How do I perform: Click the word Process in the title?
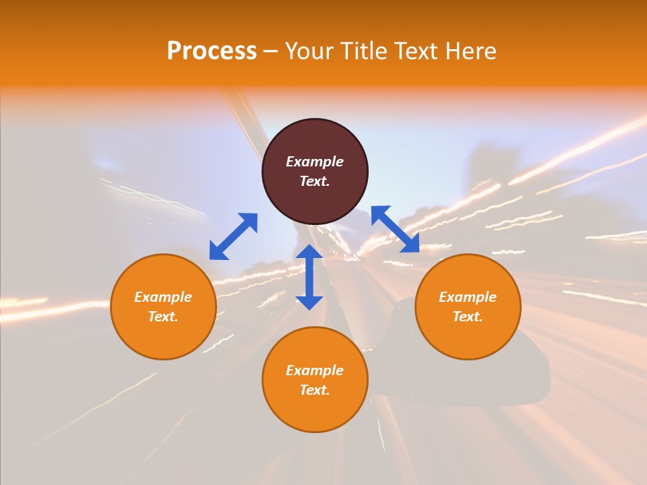212,51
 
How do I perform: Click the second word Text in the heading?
420,51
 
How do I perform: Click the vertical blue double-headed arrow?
309,277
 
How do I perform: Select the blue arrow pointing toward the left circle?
233,236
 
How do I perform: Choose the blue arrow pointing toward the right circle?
395,229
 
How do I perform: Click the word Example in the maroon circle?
315,162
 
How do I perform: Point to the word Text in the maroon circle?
315,181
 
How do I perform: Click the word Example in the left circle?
163,297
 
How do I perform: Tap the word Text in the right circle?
468,317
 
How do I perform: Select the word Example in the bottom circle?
315,370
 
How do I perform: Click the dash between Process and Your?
270,51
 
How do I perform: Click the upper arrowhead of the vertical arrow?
309,251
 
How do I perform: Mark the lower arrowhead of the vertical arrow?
309,302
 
